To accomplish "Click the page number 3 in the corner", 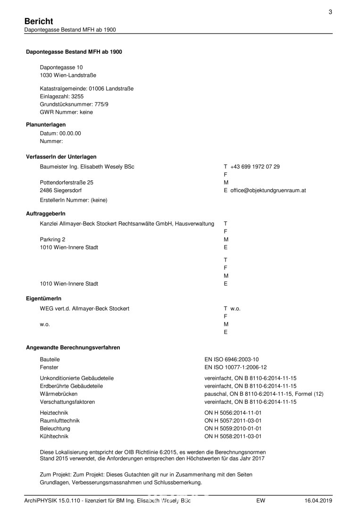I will [x=330, y=12].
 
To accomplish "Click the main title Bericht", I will [x=39, y=21].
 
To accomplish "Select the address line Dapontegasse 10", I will [x=61, y=68].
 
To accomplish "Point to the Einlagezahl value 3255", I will [x=75, y=96].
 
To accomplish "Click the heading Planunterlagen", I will [x=46, y=125].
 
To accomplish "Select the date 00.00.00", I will [x=70, y=133].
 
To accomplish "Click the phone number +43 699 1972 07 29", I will [x=255, y=167].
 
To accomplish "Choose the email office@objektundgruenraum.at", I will [x=268, y=190].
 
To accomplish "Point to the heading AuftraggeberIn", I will [x=46, y=214].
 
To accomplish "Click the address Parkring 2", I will [x=53, y=239].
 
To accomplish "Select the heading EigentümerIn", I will [x=43, y=299].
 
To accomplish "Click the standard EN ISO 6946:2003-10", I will [x=231, y=359].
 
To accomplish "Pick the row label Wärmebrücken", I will [x=59, y=394].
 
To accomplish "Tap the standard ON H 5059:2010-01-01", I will [x=233, y=428].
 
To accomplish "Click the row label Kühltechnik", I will [x=54, y=436].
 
